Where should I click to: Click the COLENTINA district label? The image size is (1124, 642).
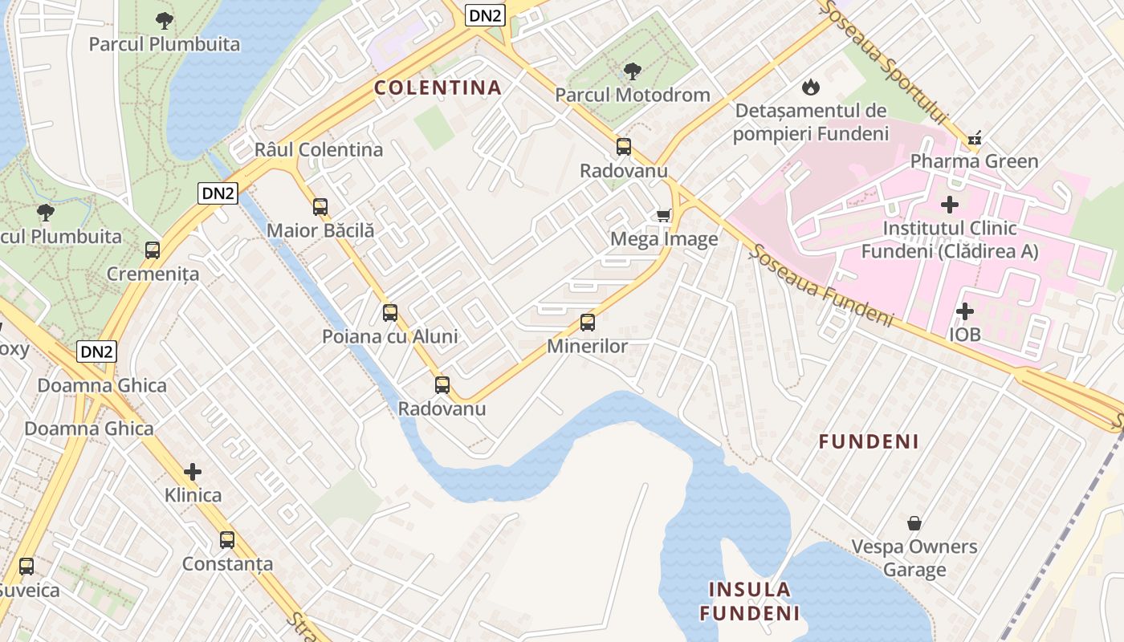point(438,87)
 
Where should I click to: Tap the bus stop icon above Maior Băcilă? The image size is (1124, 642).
point(320,207)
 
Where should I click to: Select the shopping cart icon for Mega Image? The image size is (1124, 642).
point(664,215)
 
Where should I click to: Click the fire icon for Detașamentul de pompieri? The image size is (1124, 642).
point(810,86)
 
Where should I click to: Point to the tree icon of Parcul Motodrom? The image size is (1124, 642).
point(633,71)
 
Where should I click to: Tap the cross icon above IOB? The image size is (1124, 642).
point(965,311)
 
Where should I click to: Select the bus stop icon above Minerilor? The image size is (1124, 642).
point(588,323)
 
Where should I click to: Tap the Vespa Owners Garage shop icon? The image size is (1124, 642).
point(914,523)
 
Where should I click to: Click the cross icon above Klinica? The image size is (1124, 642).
point(193,471)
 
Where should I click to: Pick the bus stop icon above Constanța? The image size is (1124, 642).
point(227,540)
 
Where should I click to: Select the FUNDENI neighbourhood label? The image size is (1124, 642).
point(869,441)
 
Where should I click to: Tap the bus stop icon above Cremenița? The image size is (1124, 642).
point(153,250)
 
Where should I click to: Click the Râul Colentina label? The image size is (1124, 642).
point(319,150)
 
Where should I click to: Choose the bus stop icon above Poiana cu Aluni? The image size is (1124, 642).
point(390,313)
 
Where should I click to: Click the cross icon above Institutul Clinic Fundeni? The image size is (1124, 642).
point(950,205)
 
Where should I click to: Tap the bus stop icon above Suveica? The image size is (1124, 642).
point(26,567)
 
